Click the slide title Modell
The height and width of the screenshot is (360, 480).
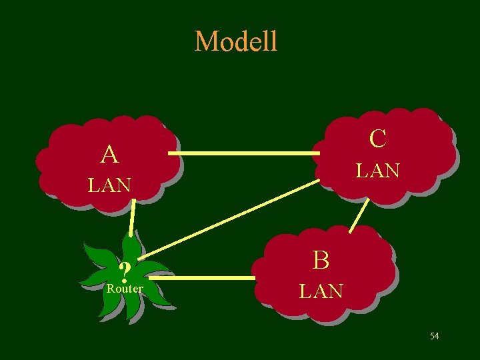click(236, 41)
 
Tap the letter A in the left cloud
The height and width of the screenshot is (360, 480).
click(110, 155)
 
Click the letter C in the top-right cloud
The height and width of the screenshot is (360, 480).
click(377, 139)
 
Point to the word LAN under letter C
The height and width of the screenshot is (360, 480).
click(377, 171)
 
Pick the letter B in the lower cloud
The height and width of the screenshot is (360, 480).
click(321, 260)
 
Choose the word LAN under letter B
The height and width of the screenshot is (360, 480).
click(321, 291)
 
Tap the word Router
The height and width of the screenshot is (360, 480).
click(125, 289)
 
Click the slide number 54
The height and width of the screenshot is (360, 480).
click(434, 336)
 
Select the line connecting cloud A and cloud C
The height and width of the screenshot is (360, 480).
click(243, 154)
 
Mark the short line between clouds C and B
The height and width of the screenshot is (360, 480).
click(360, 215)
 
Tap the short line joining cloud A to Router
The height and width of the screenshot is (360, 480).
click(133, 219)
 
